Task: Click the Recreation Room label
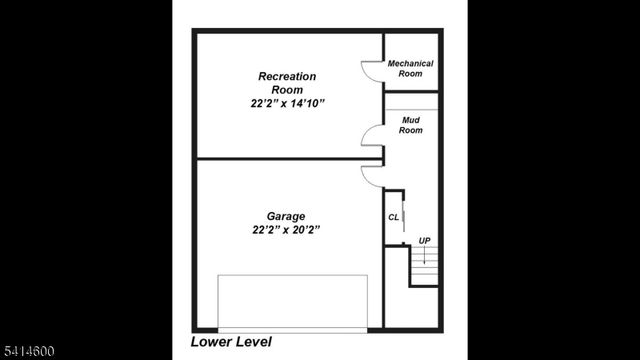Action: click(287, 82)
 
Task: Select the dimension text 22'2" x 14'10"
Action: click(287, 103)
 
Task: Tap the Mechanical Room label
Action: click(410, 68)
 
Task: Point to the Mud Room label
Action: click(411, 125)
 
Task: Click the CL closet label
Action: click(393, 217)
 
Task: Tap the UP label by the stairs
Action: click(424, 241)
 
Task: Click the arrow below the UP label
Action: click(424, 257)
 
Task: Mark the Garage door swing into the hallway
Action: click(372, 176)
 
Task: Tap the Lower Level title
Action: click(230, 342)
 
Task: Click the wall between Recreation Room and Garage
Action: click(280, 159)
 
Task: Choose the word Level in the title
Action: click(252, 342)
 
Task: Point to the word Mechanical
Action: click(410, 63)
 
